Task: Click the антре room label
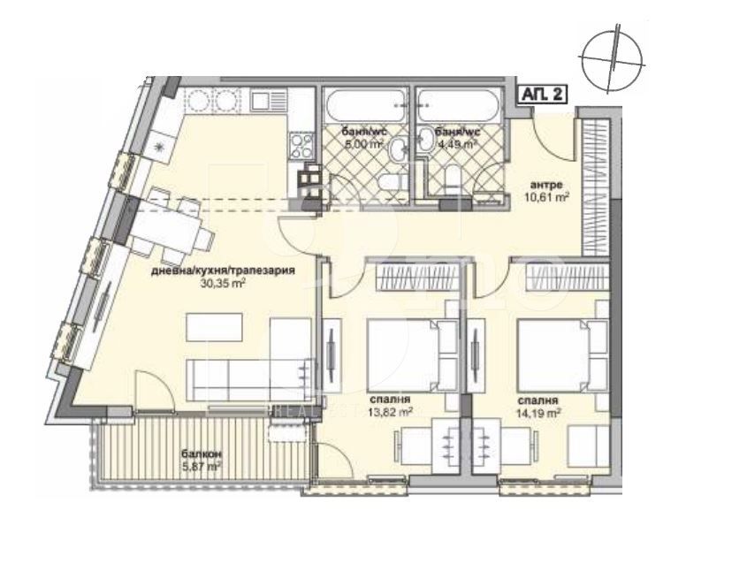click(x=546, y=185)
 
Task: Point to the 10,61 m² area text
click(x=548, y=197)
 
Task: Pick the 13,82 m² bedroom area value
click(x=389, y=411)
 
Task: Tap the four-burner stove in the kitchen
click(x=301, y=143)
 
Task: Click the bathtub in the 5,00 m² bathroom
click(x=365, y=106)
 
